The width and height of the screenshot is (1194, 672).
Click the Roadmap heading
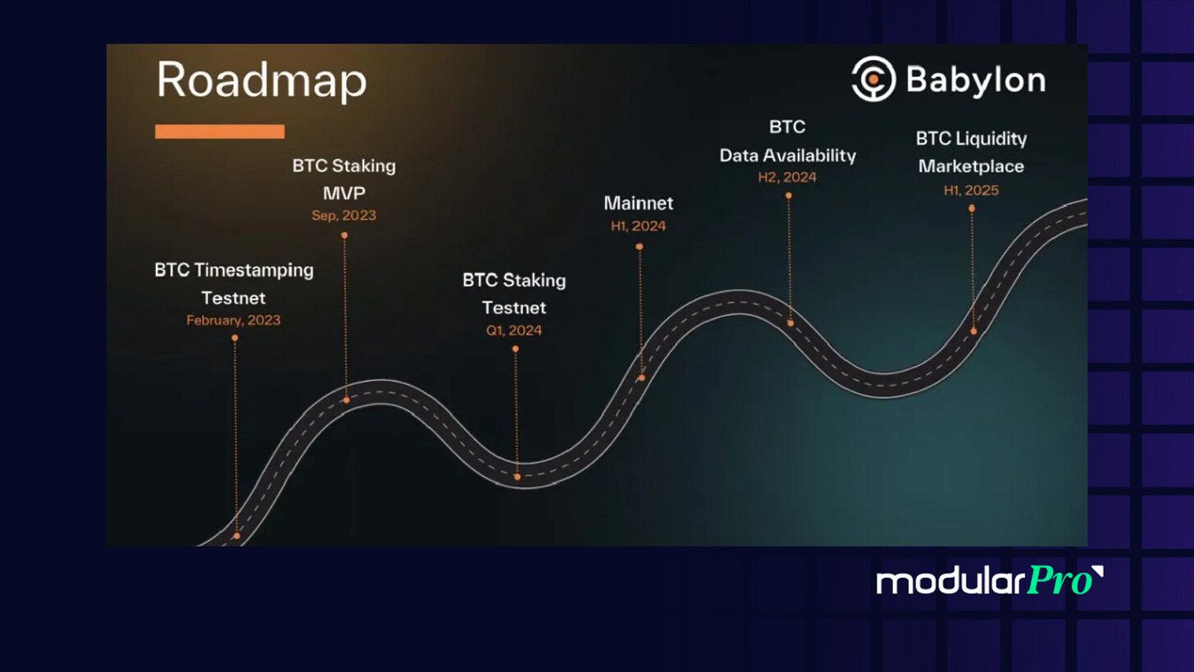pyautogui.click(x=261, y=81)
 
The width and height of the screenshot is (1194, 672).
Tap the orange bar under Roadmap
pyautogui.click(x=220, y=131)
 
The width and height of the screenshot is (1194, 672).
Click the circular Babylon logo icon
pyautogui.click(x=873, y=79)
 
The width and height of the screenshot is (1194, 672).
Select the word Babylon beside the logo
pyautogui.click(x=975, y=80)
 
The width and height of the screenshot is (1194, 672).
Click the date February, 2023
pyautogui.click(x=234, y=320)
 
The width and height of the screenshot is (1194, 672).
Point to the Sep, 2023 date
pyautogui.click(x=344, y=216)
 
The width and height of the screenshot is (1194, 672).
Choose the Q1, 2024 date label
pyautogui.click(x=514, y=331)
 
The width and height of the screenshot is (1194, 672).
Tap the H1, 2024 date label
pyautogui.click(x=639, y=226)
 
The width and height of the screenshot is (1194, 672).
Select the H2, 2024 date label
pyautogui.click(x=787, y=176)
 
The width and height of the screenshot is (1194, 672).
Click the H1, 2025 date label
pyautogui.click(x=971, y=190)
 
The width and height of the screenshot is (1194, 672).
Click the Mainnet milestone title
pyautogui.click(x=639, y=203)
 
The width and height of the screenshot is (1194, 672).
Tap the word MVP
pyautogui.click(x=344, y=193)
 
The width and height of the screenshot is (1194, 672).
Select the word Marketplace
pyautogui.click(x=971, y=166)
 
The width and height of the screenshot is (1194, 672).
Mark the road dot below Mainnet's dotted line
pyautogui.click(x=641, y=377)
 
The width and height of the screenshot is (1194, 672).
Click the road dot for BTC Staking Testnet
pyautogui.click(x=517, y=477)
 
